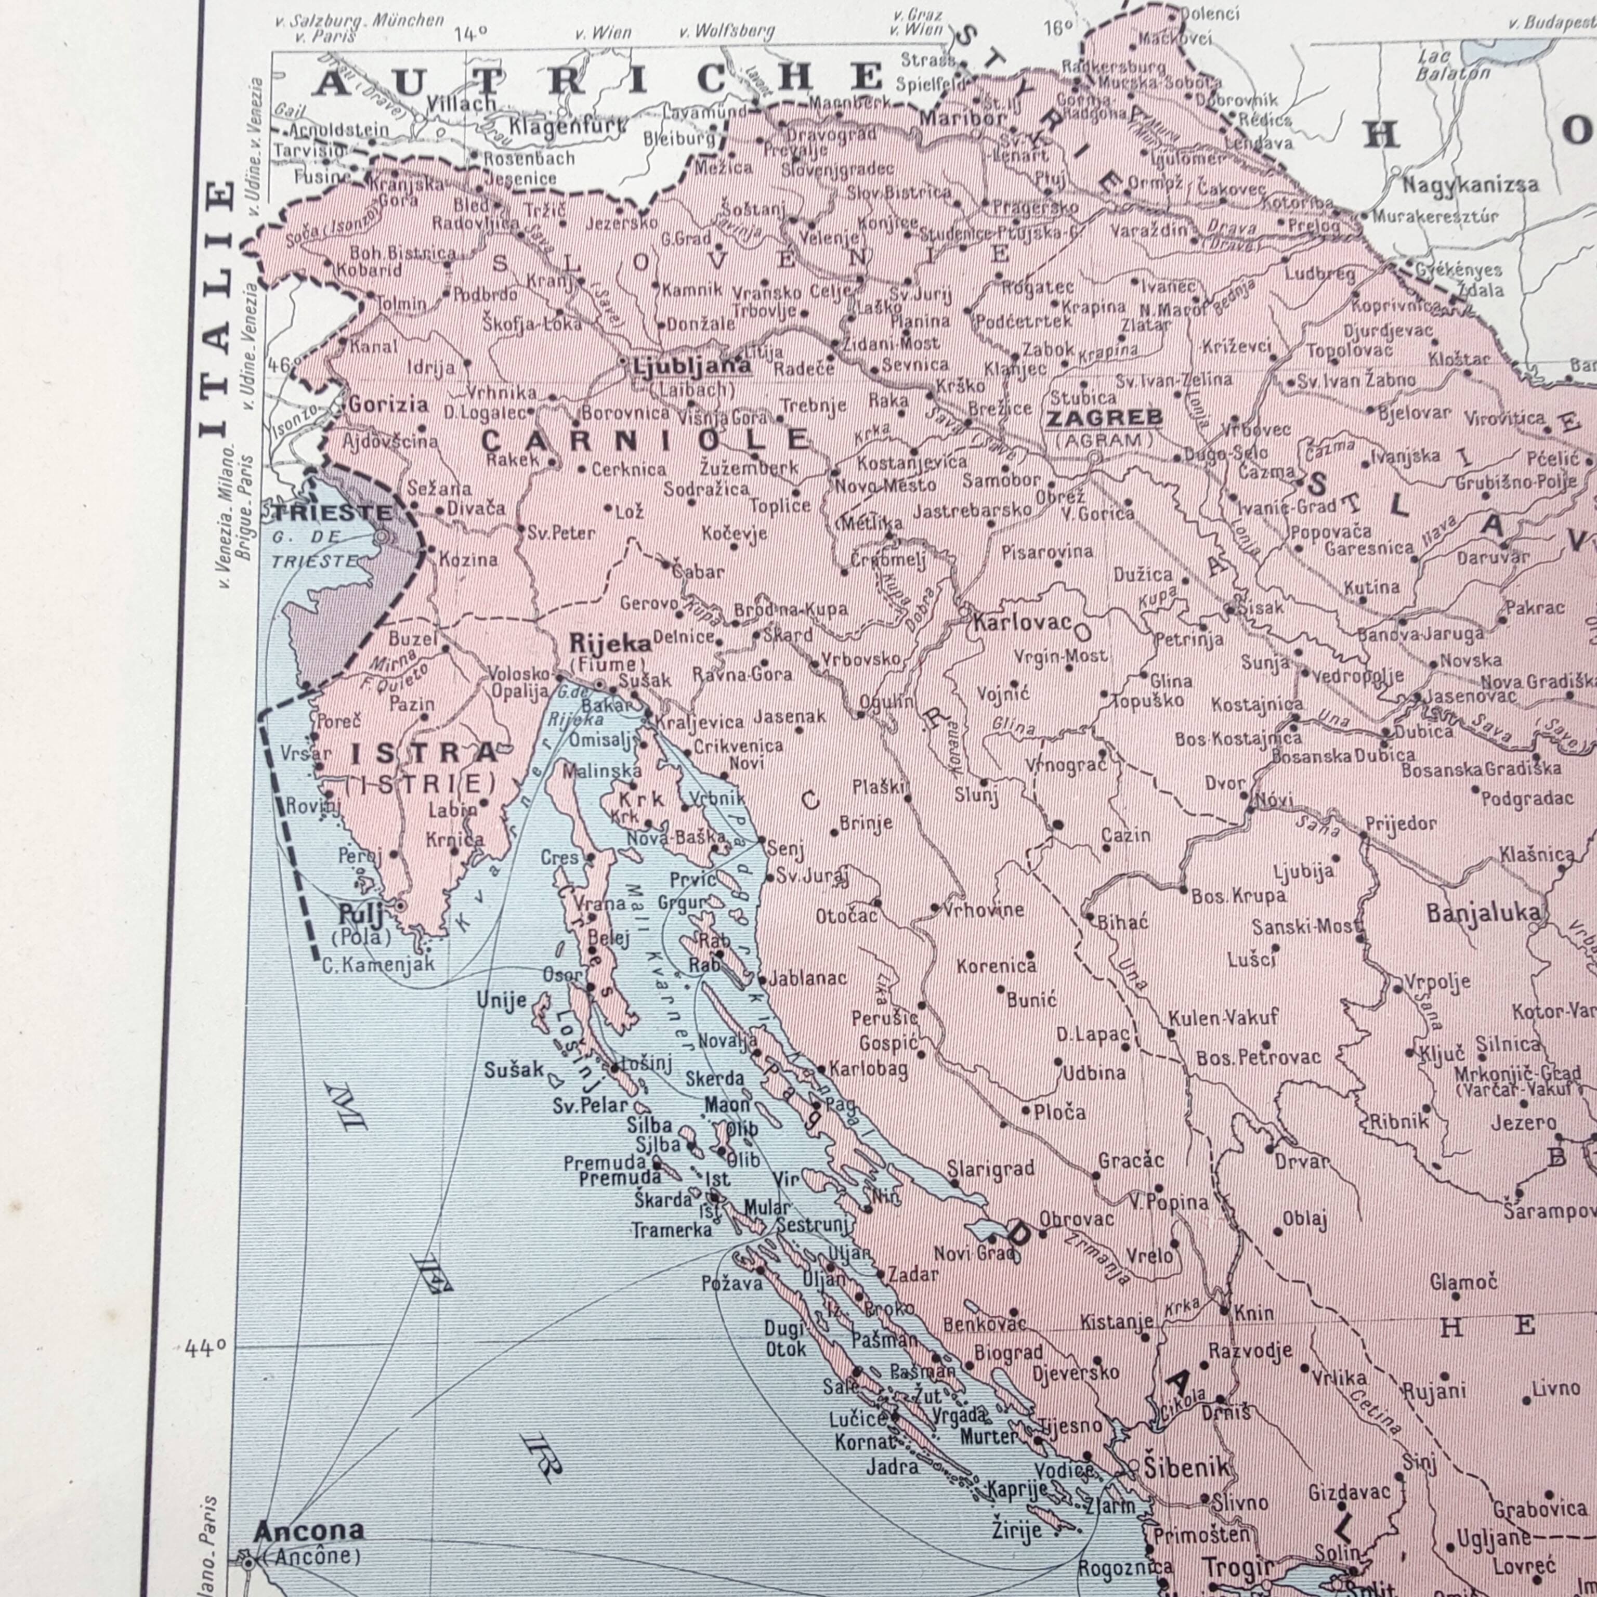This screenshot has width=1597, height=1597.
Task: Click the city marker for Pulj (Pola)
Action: click(x=401, y=906)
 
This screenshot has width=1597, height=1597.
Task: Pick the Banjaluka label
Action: click(x=1484, y=912)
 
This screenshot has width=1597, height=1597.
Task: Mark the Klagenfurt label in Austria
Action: click(x=567, y=126)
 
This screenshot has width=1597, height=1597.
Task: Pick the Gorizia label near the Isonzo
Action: click(x=388, y=404)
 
